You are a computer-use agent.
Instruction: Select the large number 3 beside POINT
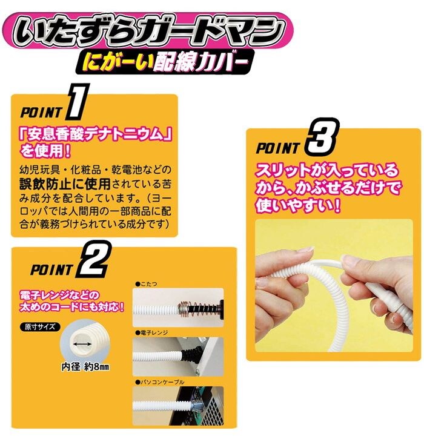click(x=322, y=137)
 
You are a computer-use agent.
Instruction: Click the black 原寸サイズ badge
click(x=39, y=327)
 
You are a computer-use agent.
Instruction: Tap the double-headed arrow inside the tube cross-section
click(x=82, y=344)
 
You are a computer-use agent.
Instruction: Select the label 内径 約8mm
click(x=85, y=367)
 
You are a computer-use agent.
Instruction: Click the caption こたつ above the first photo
click(x=147, y=284)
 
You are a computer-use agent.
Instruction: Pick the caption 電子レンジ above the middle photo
click(x=151, y=332)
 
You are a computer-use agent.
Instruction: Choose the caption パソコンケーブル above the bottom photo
click(x=159, y=382)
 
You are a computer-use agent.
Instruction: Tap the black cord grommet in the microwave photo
click(x=191, y=353)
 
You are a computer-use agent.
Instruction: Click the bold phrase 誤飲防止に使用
click(x=65, y=184)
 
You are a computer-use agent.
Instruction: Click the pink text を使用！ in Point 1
click(x=45, y=151)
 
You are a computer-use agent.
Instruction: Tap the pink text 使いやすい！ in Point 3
click(x=297, y=205)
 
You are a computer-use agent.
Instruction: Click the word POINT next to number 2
click(x=51, y=270)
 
